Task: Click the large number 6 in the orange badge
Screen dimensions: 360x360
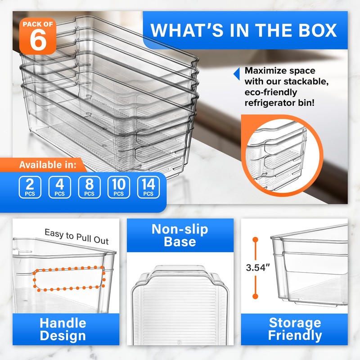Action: click(x=38, y=40)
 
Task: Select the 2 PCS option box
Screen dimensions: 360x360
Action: click(x=30, y=188)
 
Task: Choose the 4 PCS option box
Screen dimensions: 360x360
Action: click(x=59, y=188)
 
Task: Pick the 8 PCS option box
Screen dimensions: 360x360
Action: click(x=89, y=188)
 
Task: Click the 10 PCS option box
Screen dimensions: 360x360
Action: click(x=119, y=188)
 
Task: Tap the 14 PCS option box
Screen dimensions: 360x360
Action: click(x=148, y=188)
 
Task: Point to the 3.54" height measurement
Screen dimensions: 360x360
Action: click(x=257, y=267)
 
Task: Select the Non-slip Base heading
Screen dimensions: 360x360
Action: click(x=180, y=235)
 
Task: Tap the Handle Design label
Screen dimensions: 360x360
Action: click(x=63, y=329)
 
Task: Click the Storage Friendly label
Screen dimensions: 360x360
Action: click(x=295, y=329)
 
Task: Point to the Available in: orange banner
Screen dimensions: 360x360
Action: click(x=48, y=165)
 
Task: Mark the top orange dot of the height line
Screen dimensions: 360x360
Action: click(x=255, y=239)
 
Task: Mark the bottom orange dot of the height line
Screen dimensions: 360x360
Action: click(x=255, y=296)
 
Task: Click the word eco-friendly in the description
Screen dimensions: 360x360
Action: click(x=270, y=92)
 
